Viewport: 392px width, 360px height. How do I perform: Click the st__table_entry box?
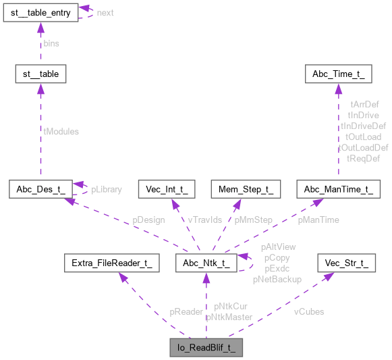click(40, 13)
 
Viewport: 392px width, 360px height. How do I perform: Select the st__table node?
click(40, 74)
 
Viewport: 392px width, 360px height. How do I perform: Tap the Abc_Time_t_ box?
click(337, 74)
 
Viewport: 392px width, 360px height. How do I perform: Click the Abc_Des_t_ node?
click(40, 189)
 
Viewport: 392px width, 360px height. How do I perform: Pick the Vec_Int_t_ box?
click(167, 189)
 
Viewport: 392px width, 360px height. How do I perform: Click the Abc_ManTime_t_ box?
click(337, 189)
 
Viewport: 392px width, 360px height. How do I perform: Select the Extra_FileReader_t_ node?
click(111, 263)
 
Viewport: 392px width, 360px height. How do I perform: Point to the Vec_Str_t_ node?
click(347, 263)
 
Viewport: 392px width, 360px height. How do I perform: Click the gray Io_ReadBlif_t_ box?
click(206, 349)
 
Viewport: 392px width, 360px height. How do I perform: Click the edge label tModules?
click(61, 132)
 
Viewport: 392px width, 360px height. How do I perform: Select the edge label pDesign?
click(148, 220)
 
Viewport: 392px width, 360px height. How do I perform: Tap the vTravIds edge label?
click(205, 220)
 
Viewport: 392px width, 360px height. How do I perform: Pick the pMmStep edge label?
click(253, 220)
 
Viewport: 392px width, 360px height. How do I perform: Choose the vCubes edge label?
click(308, 312)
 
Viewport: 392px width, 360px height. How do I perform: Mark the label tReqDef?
click(363, 158)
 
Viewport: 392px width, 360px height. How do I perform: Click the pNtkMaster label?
click(229, 317)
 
